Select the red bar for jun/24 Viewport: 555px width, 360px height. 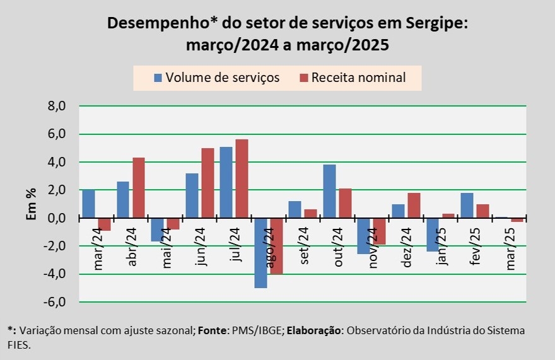(208, 183)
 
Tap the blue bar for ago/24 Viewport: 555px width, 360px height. (260, 252)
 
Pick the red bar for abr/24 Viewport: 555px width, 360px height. (139, 188)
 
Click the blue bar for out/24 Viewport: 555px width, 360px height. (329, 191)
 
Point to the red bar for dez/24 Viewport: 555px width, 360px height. (414, 206)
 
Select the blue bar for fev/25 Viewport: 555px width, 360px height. (467, 205)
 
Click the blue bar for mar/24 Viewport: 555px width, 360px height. (88, 204)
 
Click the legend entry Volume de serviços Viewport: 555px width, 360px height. (216, 78)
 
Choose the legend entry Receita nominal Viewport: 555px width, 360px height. (358, 78)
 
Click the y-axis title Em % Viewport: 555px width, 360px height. (30, 204)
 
